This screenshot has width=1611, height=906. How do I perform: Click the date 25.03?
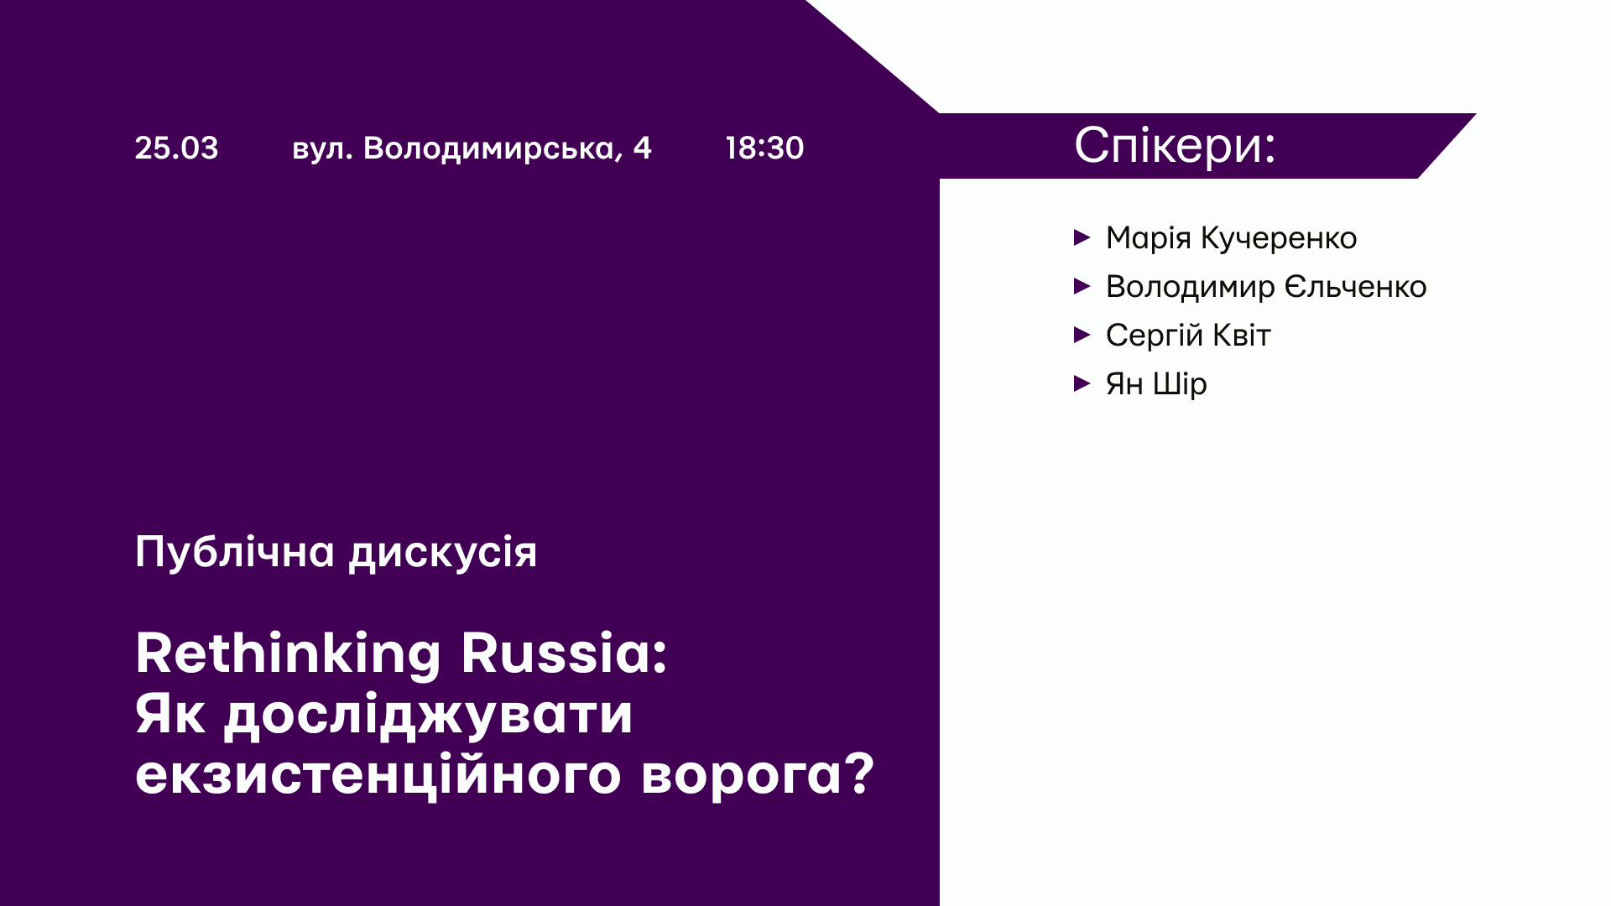[x=176, y=148]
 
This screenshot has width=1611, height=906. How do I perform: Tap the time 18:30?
[x=764, y=148]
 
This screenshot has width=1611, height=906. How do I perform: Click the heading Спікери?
[x=1175, y=145]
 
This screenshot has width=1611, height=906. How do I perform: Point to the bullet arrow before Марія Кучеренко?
[x=1082, y=237]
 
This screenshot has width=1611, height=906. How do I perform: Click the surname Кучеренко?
[x=1279, y=238]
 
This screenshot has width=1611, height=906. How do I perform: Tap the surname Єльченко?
[x=1355, y=287]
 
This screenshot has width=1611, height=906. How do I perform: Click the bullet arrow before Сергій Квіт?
[x=1082, y=335]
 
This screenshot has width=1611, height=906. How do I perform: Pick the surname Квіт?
[x=1236, y=336]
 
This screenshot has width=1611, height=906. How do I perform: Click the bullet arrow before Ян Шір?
[x=1082, y=383]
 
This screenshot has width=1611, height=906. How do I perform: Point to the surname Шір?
[x=1180, y=384]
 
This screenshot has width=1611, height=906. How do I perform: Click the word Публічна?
[x=235, y=553]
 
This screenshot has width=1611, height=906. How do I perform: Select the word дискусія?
[x=443, y=553]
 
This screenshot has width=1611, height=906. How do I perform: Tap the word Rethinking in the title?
[x=288, y=653]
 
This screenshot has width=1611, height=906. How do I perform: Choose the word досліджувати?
[x=428, y=716]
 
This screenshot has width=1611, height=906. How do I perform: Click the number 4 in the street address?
[x=642, y=148]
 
